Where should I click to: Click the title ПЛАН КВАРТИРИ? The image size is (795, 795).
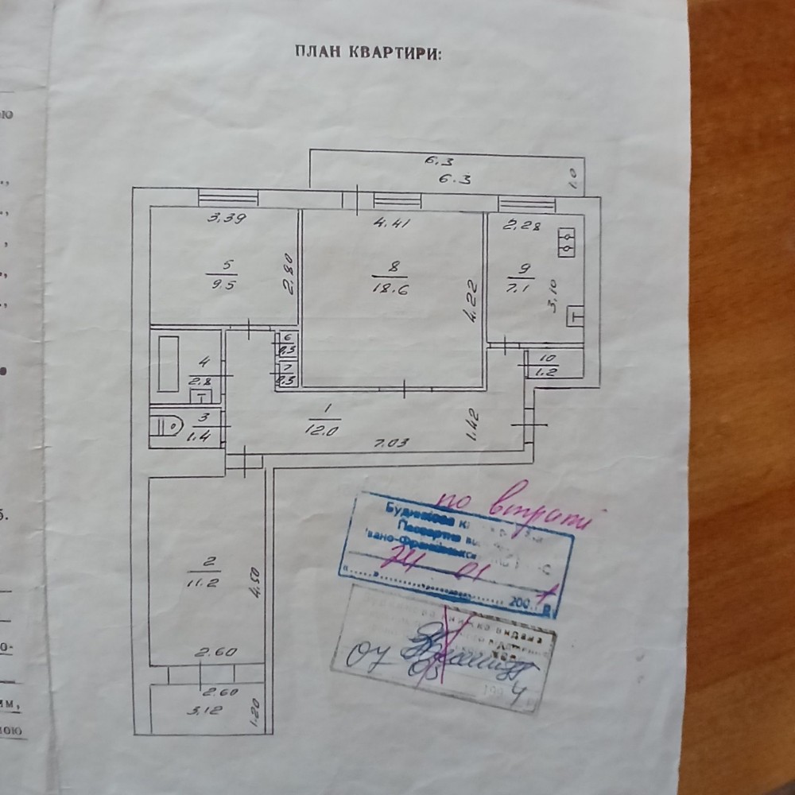[x=366, y=53]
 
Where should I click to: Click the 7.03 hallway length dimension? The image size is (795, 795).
[x=393, y=444]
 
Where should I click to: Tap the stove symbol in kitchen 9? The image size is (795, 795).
[x=568, y=242]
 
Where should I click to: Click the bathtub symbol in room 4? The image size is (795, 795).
[x=169, y=363]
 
